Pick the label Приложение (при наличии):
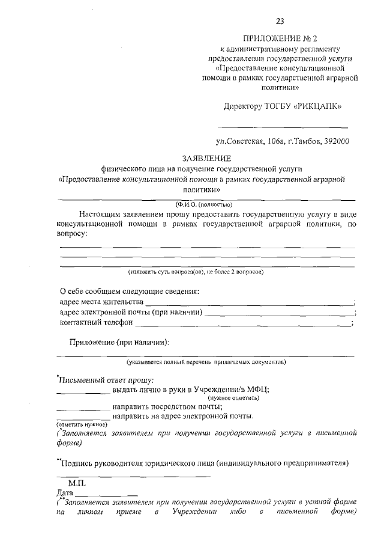[119, 342]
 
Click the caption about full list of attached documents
[206, 362]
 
